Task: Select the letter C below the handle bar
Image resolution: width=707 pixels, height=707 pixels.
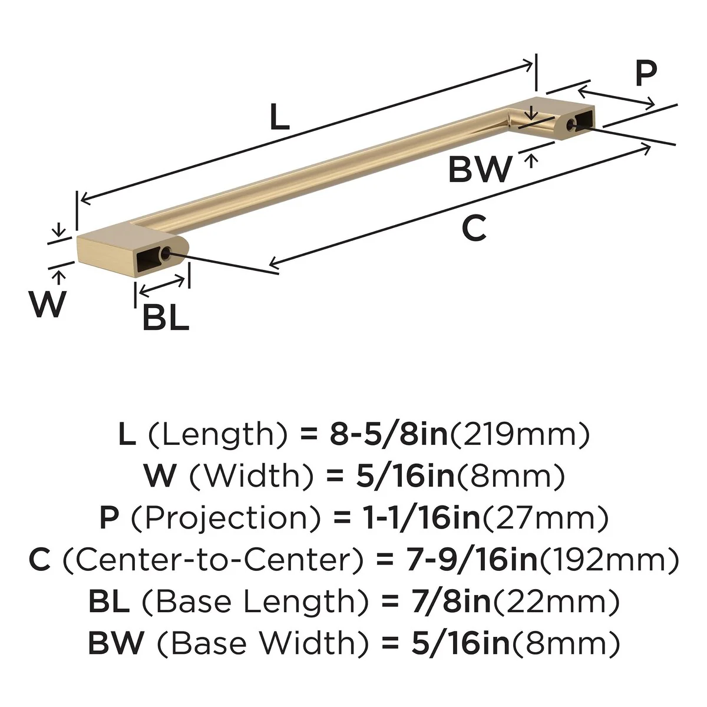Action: (474, 228)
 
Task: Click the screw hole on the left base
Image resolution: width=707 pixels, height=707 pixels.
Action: (166, 253)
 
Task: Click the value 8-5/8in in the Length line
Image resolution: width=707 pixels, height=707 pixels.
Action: (389, 434)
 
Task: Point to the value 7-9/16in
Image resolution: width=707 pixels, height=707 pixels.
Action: (472, 560)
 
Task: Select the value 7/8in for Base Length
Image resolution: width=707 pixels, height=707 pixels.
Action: (451, 602)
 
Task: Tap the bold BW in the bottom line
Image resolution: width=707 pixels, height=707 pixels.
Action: (116, 643)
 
